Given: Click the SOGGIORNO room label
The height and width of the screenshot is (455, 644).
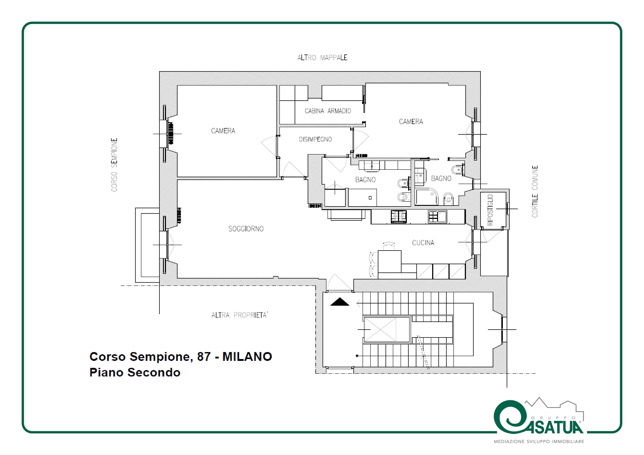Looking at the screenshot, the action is tap(246, 229).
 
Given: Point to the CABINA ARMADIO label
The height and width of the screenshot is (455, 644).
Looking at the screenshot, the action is tap(328, 111).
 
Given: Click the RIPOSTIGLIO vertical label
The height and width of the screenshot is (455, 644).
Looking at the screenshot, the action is tap(490, 210).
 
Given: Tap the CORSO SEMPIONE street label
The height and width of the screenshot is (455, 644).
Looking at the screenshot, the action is tap(114, 165).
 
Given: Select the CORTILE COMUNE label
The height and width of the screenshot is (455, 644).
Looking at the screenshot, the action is tap(535, 192).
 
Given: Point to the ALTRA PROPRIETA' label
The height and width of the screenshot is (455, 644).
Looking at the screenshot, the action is tap(240, 315).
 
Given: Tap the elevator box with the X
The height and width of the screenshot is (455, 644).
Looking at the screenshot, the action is tap(386, 330).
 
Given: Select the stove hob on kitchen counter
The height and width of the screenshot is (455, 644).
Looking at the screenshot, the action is tap(399, 217).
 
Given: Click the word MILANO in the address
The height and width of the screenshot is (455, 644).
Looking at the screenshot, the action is tap(247, 357).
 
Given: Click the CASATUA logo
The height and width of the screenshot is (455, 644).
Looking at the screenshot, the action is tap(539, 421).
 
